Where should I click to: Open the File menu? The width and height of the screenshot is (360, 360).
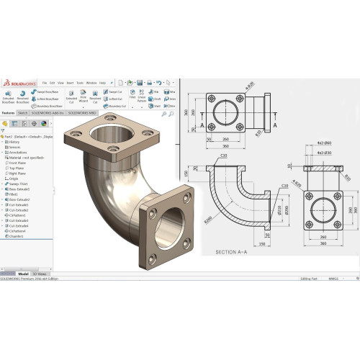point(44,83)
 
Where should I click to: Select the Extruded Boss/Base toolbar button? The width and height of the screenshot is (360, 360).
point(8,97)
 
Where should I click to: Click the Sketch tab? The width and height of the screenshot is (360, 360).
point(23,113)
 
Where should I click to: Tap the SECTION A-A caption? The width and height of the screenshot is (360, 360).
point(234,252)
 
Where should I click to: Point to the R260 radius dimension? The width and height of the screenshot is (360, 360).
point(209,217)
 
